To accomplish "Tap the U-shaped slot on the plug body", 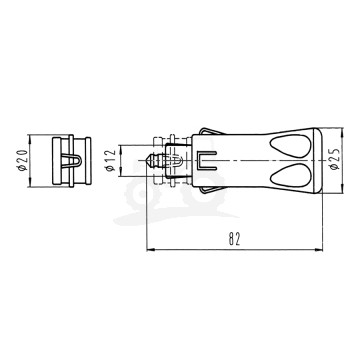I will (206, 157).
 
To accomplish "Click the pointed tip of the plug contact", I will (147, 157).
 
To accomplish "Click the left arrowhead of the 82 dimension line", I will (150, 249).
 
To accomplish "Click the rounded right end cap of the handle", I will (317, 157).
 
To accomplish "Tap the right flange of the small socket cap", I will (87, 157).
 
